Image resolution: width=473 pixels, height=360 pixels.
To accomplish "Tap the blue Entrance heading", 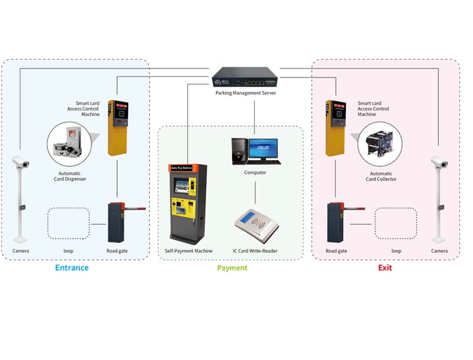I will point(71,268).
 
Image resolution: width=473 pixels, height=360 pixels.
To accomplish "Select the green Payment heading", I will point(232,268).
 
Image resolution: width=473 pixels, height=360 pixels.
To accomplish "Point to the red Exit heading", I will point(384,268).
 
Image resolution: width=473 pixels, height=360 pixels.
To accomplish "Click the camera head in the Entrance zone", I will point(21,162).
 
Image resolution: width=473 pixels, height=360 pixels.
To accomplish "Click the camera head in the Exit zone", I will point(439,162).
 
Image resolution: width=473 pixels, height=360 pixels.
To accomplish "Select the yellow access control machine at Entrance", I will point(116,127).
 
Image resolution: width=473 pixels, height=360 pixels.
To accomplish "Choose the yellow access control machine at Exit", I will point(336,127).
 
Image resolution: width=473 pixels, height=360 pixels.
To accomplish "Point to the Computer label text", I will point(255,173).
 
